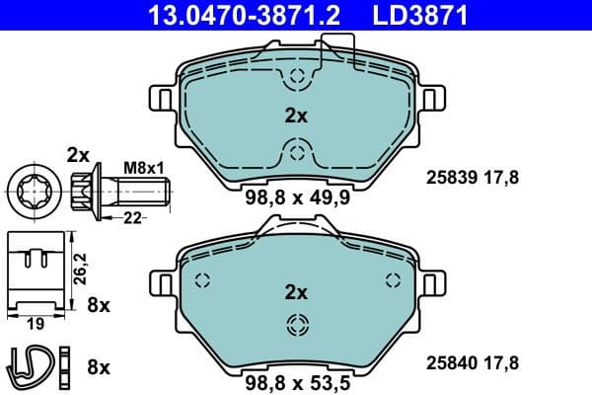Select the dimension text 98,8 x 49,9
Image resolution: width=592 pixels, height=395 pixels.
click(x=296, y=196)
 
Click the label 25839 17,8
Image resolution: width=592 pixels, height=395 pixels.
click(x=471, y=178)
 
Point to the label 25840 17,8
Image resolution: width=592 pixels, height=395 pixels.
click(x=471, y=362)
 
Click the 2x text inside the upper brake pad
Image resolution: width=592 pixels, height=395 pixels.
click(x=296, y=116)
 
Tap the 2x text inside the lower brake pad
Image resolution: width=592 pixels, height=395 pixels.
click(x=296, y=292)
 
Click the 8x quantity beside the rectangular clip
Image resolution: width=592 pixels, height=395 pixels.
click(x=98, y=306)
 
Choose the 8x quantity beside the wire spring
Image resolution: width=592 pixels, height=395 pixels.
click(x=98, y=366)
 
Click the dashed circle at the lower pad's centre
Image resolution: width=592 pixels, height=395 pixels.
click(x=296, y=324)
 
